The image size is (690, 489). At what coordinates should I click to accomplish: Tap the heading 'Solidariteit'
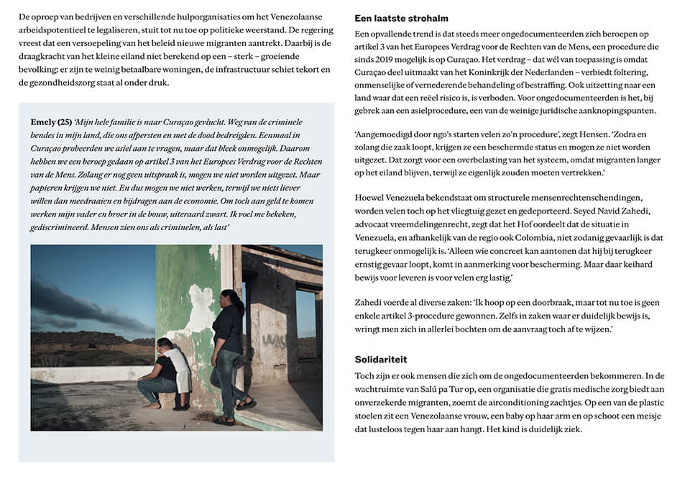[381, 359]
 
